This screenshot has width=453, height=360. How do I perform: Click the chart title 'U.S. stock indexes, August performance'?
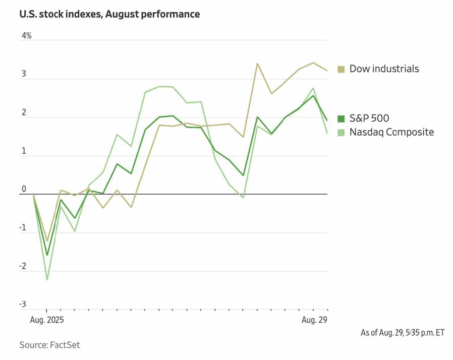click(x=109, y=14)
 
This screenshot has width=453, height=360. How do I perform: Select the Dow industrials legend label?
click(x=384, y=69)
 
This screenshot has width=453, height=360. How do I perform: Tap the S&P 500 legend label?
click(x=369, y=119)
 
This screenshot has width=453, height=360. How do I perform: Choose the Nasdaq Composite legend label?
click(x=391, y=132)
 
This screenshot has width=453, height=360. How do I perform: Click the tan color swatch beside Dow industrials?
click(x=341, y=69)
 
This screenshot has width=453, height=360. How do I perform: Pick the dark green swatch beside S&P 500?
click(x=341, y=119)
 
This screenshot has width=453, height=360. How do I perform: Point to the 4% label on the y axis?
click(x=26, y=36)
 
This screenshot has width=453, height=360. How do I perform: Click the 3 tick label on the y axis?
click(x=24, y=74)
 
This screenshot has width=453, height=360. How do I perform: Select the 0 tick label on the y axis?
click(x=24, y=189)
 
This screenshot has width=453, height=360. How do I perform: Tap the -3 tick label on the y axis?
click(x=23, y=305)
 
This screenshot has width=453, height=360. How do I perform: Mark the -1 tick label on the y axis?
click(x=23, y=227)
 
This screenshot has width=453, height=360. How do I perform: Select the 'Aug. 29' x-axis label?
click(x=314, y=320)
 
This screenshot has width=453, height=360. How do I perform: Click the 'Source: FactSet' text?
click(x=49, y=345)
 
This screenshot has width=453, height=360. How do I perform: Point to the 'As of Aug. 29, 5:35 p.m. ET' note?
click(x=403, y=333)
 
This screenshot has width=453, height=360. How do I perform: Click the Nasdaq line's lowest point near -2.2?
click(x=47, y=279)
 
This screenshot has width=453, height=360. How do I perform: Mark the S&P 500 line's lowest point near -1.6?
click(x=47, y=255)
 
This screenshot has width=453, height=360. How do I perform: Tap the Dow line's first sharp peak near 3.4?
click(x=257, y=64)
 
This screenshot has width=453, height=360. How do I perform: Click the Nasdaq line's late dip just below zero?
click(x=243, y=197)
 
